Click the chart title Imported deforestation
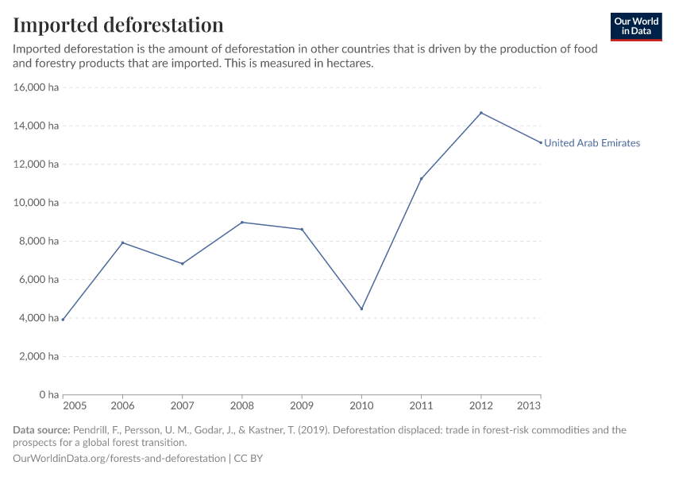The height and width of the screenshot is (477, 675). click(118, 25)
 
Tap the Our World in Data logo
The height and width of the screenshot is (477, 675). click(635, 26)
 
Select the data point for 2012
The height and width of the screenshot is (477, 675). click(480, 113)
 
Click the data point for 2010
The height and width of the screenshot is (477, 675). click(361, 308)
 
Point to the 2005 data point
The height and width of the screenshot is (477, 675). click(63, 320)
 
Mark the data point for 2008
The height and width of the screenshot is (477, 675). click(242, 223)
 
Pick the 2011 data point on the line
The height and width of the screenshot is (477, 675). click(421, 179)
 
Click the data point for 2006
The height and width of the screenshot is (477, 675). click(122, 242)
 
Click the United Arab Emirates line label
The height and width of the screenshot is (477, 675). click(592, 143)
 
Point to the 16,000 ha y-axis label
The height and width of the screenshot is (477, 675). click(37, 87)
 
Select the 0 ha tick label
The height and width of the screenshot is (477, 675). click(48, 394)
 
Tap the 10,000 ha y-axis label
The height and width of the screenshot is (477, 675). click(37, 203)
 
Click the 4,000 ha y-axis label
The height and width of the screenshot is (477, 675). click(39, 318)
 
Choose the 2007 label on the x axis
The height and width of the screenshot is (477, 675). click(182, 405)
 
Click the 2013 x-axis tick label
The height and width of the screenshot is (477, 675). click(529, 405)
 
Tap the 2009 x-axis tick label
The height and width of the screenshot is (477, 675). click(302, 405)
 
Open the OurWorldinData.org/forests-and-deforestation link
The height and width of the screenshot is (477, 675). click(119, 459)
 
